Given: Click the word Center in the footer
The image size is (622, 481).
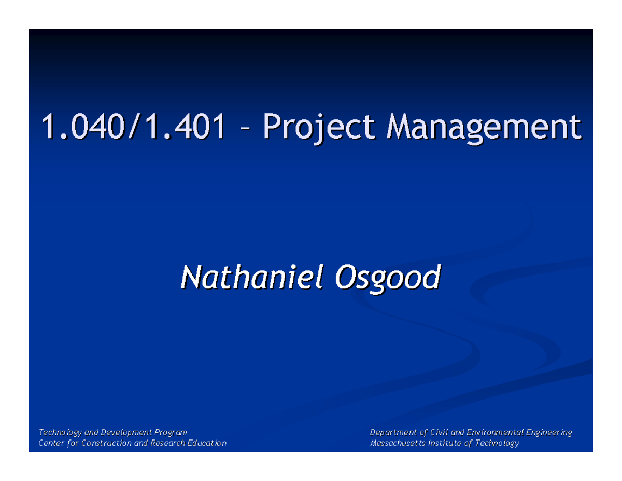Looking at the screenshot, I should (x=51, y=443).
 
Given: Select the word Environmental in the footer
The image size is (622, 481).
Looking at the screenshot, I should (x=498, y=432).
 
